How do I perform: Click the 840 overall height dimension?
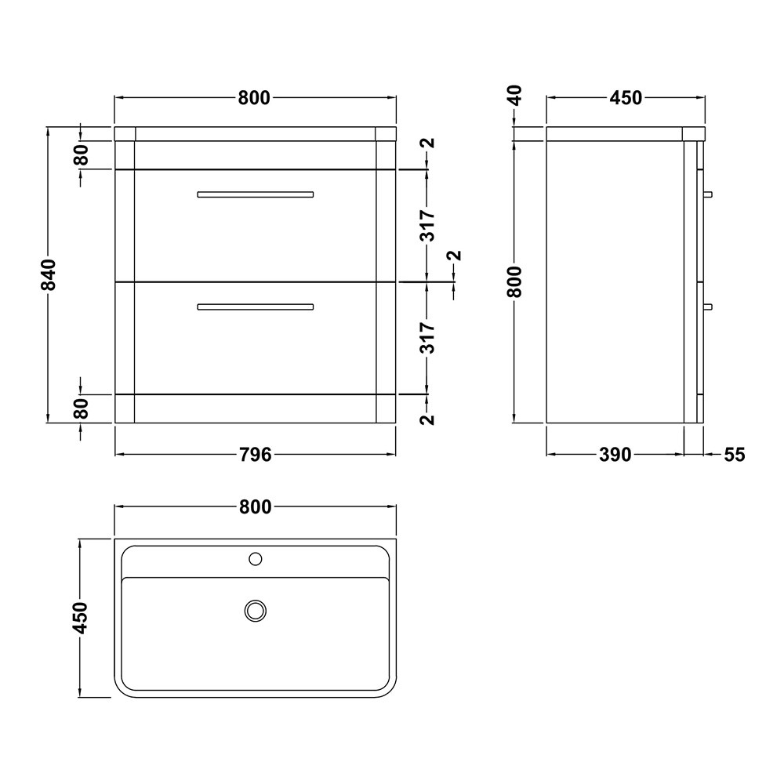[x=49, y=274]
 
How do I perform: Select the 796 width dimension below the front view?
[x=255, y=455]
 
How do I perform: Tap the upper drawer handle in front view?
[x=256, y=194]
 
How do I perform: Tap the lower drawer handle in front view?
[x=256, y=307]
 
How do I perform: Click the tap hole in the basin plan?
[x=256, y=558]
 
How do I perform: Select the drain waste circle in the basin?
[x=256, y=611]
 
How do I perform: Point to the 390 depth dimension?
[x=615, y=455]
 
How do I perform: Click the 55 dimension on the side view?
[x=734, y=455]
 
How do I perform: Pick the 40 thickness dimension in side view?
[x=514, y=96]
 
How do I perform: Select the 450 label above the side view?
[x=626, y=98]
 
